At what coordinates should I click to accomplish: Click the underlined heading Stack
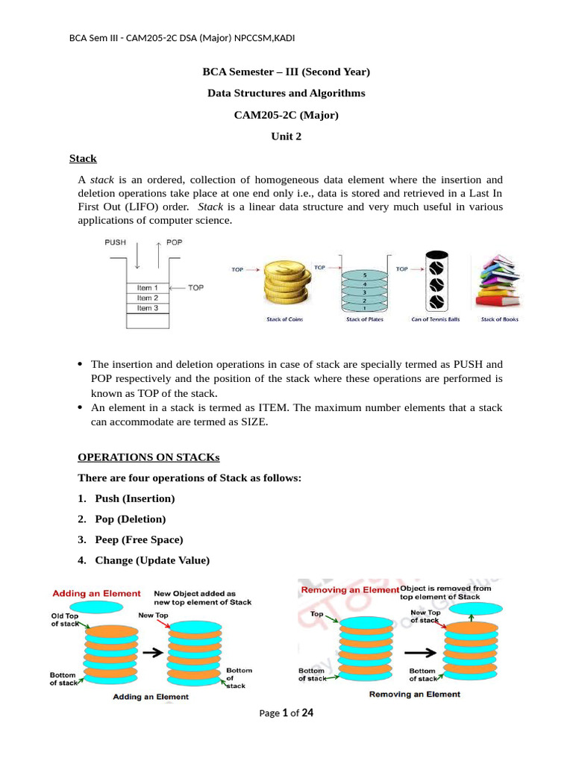coord(83,159)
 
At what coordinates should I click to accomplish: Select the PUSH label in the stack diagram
coord(116,242)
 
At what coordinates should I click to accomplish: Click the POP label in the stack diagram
coord(174,242)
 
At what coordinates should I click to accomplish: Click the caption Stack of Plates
coord(363,319)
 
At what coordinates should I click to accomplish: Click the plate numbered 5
coord(364,275)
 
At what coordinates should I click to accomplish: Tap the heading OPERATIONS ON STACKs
coord(149,457)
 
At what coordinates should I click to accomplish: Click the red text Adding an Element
coord(96,593)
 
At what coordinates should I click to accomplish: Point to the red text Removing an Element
coord(349,590)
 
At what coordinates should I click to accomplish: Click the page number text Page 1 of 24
coord(286,713)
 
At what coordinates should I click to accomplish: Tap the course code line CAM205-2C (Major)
coord(286,115)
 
